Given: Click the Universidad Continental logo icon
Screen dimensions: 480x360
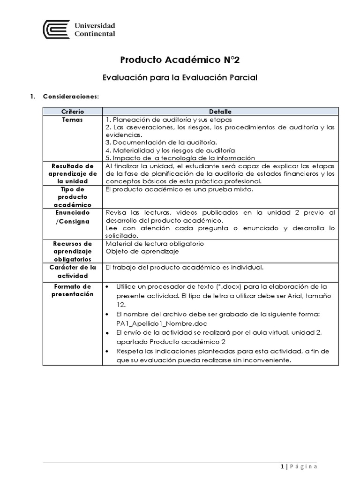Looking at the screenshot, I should (x=56, y=30).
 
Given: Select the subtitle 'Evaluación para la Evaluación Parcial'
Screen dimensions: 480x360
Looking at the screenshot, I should (x=180, y=77).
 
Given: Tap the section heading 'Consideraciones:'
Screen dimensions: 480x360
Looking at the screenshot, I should (x=71, y=97).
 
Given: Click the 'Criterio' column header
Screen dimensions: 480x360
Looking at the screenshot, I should (x=72, y=112).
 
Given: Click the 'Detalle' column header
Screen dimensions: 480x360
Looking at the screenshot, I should (x=220, y=112).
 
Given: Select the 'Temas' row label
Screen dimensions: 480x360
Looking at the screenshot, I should (x=72, y=120).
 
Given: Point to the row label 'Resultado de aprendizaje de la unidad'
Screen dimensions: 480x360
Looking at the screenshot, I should (x=72, y=173).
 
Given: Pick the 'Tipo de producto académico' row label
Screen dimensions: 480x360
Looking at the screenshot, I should (x=72, y=197).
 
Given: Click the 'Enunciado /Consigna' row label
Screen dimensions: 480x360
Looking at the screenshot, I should (x=72, y=217).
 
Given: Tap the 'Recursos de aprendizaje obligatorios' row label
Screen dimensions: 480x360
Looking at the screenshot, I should (x=72, y=251).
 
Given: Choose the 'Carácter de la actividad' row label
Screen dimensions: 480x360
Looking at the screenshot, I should (x=72, y=271).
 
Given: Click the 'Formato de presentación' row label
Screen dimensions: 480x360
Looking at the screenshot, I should (x=72, y=290).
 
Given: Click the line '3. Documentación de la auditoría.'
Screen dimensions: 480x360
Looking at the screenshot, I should (x=161, y=142).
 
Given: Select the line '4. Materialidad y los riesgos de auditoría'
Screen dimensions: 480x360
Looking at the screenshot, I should (x=170, y=150).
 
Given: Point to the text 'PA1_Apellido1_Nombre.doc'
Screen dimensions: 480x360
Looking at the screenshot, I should (x=162, y=323).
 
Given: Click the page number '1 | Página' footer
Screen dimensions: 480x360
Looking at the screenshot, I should (x=299, y=466).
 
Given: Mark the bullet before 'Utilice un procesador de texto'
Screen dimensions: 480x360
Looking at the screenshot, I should (x=108, y=286).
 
